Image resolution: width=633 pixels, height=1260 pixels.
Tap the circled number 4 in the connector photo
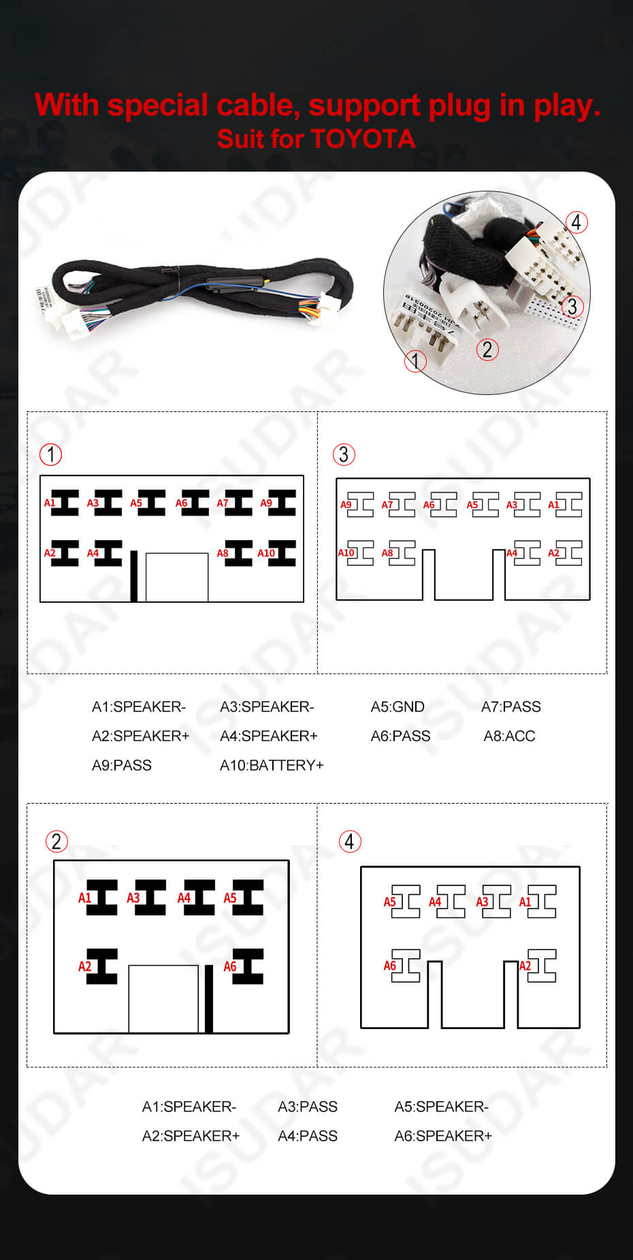576,222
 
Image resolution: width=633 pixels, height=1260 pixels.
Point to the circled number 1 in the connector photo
415,360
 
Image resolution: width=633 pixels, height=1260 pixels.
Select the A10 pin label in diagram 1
266,553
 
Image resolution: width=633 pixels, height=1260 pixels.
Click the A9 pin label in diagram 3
346,505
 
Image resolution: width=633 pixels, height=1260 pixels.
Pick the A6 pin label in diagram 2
230,966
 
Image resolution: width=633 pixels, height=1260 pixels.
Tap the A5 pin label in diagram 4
389,902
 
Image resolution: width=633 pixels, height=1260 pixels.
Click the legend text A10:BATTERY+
272,766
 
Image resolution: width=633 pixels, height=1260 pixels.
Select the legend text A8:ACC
509,736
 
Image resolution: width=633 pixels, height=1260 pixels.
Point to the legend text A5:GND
397,707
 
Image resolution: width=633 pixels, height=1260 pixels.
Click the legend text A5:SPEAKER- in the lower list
441,1107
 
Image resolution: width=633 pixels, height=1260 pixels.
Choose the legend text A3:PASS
308,1107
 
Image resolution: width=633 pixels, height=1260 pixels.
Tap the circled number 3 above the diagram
344,454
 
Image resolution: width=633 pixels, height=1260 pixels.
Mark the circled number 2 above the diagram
56,841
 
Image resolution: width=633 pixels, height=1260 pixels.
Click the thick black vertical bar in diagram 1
134,576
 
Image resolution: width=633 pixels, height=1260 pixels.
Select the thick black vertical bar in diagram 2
209,998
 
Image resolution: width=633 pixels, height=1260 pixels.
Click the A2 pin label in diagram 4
525,966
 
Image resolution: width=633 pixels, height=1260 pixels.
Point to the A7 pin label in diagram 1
223,503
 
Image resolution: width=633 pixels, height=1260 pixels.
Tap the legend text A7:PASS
510,707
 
